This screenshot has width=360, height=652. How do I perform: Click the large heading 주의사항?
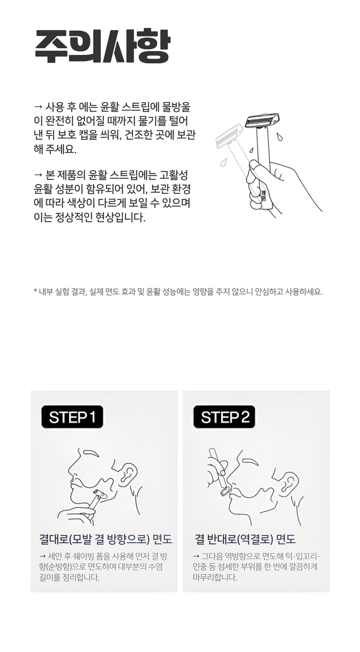coord(102,46)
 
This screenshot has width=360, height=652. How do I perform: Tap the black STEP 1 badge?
coord(72,416)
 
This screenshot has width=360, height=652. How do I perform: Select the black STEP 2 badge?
coord(224,416)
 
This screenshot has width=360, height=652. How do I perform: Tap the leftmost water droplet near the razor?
coord(223,162)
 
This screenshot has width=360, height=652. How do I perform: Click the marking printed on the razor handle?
coord(264,196)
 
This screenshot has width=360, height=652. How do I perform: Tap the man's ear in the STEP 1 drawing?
coord(128,473)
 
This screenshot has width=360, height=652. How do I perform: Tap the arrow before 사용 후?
coord(38,107)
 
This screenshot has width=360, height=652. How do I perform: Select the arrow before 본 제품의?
coord(38,175)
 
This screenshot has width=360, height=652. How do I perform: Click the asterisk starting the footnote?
coord(36,290)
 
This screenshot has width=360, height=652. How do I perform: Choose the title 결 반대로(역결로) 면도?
coord(245,539)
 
